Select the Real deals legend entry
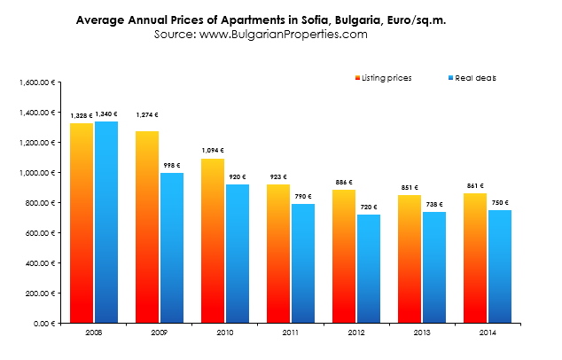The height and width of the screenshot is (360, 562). click(475, 78)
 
